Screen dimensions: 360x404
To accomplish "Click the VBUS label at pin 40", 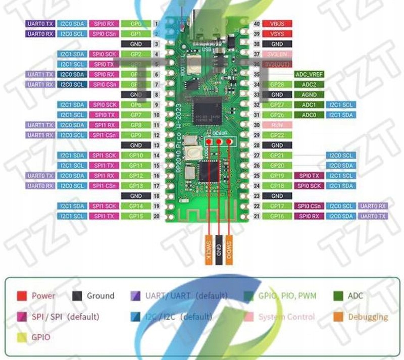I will pyautogui.click(x=277, y=24).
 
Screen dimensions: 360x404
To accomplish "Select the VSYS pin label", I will pyautogui.click(x=277, y=34).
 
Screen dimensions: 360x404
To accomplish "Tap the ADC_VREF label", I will pyautogui.click(x=309, y=74).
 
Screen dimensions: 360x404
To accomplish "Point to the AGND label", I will pyautogui.click(x=309, y=94).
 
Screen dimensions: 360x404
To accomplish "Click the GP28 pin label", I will pyautogui.click(x=277, y=84).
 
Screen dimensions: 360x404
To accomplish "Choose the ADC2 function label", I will pyautogui.click(x=309, y=84).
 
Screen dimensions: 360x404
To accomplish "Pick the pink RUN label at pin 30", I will pyautogui.click(x=277, y=125).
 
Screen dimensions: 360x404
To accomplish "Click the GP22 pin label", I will pyautogui.click(x=277, y=135).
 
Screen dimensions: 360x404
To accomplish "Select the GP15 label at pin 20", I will pyautogui.click(x=136, y=216).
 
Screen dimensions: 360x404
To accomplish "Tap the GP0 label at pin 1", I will pyautogui.click(x=136, y=24).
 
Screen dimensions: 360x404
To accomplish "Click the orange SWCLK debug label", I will pyautogui.click(x=209, y=249).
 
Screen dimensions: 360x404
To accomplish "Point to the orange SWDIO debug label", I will pyautogui.click(x=229, y=249).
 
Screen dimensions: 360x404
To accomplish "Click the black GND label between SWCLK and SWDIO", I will pyautogui.click(x=219, y=249).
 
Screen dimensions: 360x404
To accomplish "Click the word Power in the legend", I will pyautogui.click(x=43, y=296).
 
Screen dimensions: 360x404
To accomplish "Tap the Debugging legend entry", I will pyautogui.click(x=368, y=317).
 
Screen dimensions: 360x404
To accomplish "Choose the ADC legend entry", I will pyautogui.click(x=355, y=296).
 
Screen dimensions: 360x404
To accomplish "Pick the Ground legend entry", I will pyautogui.click(x=100, y=296).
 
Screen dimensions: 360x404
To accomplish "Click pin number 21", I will pyautogui.click(x=257, y=216).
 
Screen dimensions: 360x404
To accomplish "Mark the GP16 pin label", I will pyautogui.click(x=277, y=216).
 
